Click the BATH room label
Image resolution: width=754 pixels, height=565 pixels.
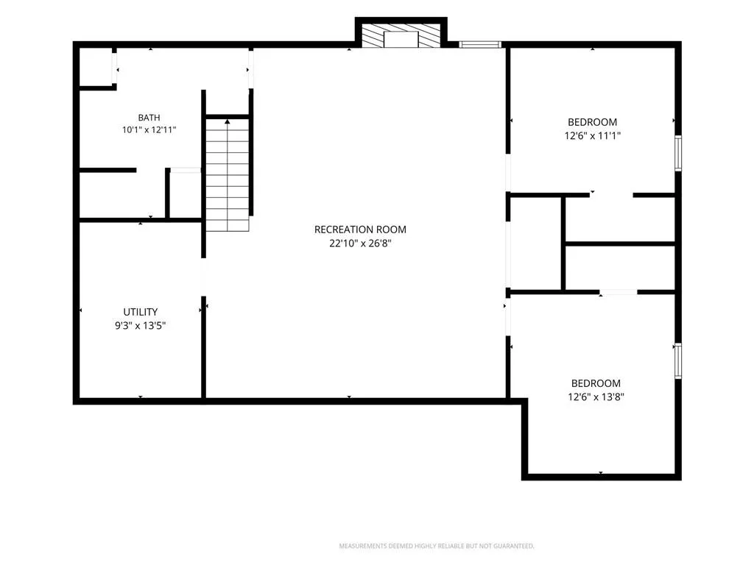[149, 117]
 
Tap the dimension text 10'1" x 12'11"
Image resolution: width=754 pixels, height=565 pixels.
[149, 129]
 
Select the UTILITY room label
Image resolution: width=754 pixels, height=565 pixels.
[141, 312]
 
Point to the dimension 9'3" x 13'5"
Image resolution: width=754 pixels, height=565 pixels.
[141, 326]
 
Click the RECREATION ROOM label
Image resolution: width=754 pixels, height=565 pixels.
[360, 230]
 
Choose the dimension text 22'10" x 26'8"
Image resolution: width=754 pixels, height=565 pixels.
[360, 243]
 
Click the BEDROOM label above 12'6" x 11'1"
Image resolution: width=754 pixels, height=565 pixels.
[593, 122]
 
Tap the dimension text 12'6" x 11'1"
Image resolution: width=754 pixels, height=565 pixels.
[593, 135]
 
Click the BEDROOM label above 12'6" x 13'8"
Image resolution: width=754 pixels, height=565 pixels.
[596, 383]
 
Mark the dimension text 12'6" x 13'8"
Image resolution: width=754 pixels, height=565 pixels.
[596, 397]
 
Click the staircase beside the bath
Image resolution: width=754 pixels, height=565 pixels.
[228, 174]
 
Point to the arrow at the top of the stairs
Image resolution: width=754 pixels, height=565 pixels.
[228, 122]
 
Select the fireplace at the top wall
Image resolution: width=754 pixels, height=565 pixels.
[401, 36]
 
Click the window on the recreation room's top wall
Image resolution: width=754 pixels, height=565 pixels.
[480, 45]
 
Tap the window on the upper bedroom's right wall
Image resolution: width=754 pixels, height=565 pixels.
[678, 153]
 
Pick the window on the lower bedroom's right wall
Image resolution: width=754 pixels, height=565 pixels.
[678, 360]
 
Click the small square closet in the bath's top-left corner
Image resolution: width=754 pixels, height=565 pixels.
[95, 66]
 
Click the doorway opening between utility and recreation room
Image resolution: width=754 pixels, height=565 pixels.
[203, 277]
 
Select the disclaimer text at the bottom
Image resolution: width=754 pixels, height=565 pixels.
[437, 546]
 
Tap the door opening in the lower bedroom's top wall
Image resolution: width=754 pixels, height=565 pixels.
[619, 292]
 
